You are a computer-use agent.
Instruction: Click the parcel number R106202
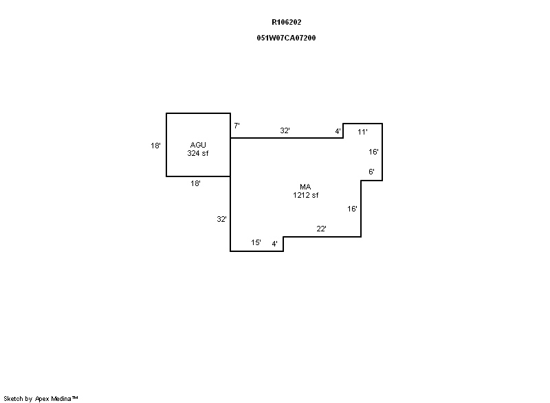click(286, 22)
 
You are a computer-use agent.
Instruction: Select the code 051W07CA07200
click(286, 38)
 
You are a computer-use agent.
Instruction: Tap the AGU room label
click(198, 145)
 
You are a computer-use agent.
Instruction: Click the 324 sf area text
click(198, 153)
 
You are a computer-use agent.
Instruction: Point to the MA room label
click(305, 187)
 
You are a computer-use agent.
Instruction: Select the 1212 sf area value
click(305, 195)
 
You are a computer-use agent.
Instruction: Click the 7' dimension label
click(236, 126)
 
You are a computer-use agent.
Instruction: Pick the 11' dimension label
click(362, 132)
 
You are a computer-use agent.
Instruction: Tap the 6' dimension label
click(371, 172)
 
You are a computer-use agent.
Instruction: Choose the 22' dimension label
click(321, 229)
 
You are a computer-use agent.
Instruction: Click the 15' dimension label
click(256, 242)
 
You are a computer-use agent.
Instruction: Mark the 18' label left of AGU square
click(156, 146)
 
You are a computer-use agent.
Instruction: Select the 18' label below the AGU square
click(195, 183)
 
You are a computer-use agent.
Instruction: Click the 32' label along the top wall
click(285, 130)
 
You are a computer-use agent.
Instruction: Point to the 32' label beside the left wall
click(221, 219)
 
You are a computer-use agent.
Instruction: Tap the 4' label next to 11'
click(338, 131)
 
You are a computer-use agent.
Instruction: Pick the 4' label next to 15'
click(274, 244)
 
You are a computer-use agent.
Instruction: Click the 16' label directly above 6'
click(373, 152)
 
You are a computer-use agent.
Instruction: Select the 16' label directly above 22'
click(352, 209)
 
